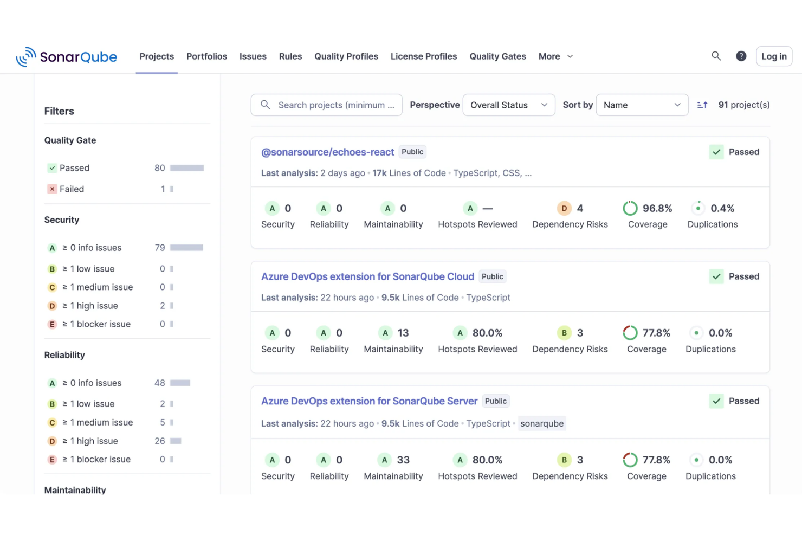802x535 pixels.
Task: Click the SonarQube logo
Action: click(x=66, y=56)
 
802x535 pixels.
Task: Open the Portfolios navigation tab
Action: click(x=206, y=56)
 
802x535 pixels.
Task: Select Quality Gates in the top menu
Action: click(x=497, y=56)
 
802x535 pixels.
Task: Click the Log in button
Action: click(x=773, y=56)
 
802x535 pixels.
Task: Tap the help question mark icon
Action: click(x=741, y=56)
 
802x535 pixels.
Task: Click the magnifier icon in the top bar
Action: click(x=716, y=56)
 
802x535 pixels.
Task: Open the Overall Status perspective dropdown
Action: click(x=508, y=105)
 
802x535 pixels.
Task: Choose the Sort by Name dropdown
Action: click(x=642, y=105)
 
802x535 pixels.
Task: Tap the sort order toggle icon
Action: click(x=702, y=105)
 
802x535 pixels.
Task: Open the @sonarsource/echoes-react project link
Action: click(x=327, y=152)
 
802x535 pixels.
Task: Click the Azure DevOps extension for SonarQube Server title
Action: click(x=369, y=401)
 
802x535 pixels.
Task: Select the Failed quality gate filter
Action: click(x=72, y=189)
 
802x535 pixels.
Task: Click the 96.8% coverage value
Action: click(x=657, y=208)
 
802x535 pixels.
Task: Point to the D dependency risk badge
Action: click(x=564, y=208)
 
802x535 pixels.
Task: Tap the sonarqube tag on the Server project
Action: click(x=541, y=423)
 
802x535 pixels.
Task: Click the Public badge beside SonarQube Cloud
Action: click(x=492, y=276)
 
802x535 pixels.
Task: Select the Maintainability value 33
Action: click(x=403, y=460)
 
